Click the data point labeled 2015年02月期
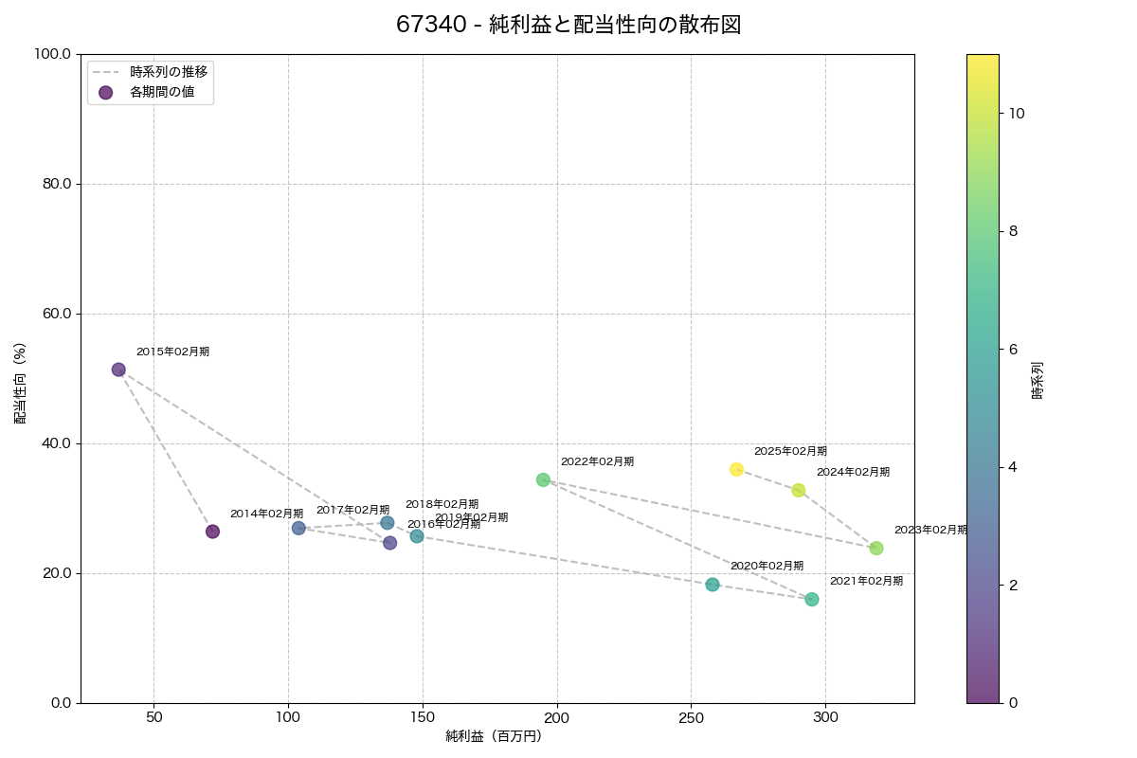[x=118, y=370]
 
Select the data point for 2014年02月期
[x=212, y=532]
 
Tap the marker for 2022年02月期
[x=543, y=479]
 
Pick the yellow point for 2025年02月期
[x=736, y=470]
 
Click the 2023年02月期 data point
[x=876, y=549]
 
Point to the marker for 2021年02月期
[x=812, y=600]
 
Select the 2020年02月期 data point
[x=713, y=585]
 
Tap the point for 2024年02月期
[x=799, y=491]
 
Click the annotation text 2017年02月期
[x=352, y=510]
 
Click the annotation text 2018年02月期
[x=442, y=504]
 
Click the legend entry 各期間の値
[x=162, y=92]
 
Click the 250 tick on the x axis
[x=691, y=717]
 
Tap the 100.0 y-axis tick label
[x=52, y=54]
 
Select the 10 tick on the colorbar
[x=1017, y=113]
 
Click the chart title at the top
[x=568, y=25]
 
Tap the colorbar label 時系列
[x=1038, y=379]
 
